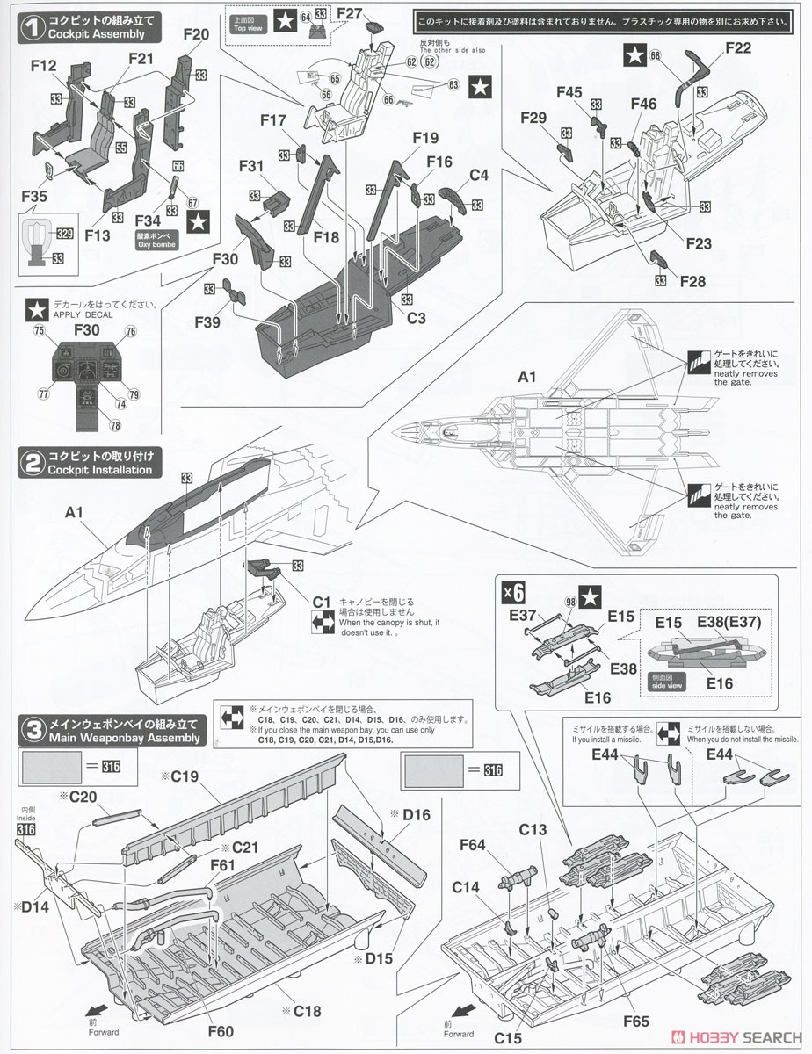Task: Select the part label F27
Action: pos(349,13)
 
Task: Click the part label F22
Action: pos(738,48)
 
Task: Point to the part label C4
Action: pos(479,175)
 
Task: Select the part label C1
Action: pos(321,602)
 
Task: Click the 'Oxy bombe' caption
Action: pos(156,246)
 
